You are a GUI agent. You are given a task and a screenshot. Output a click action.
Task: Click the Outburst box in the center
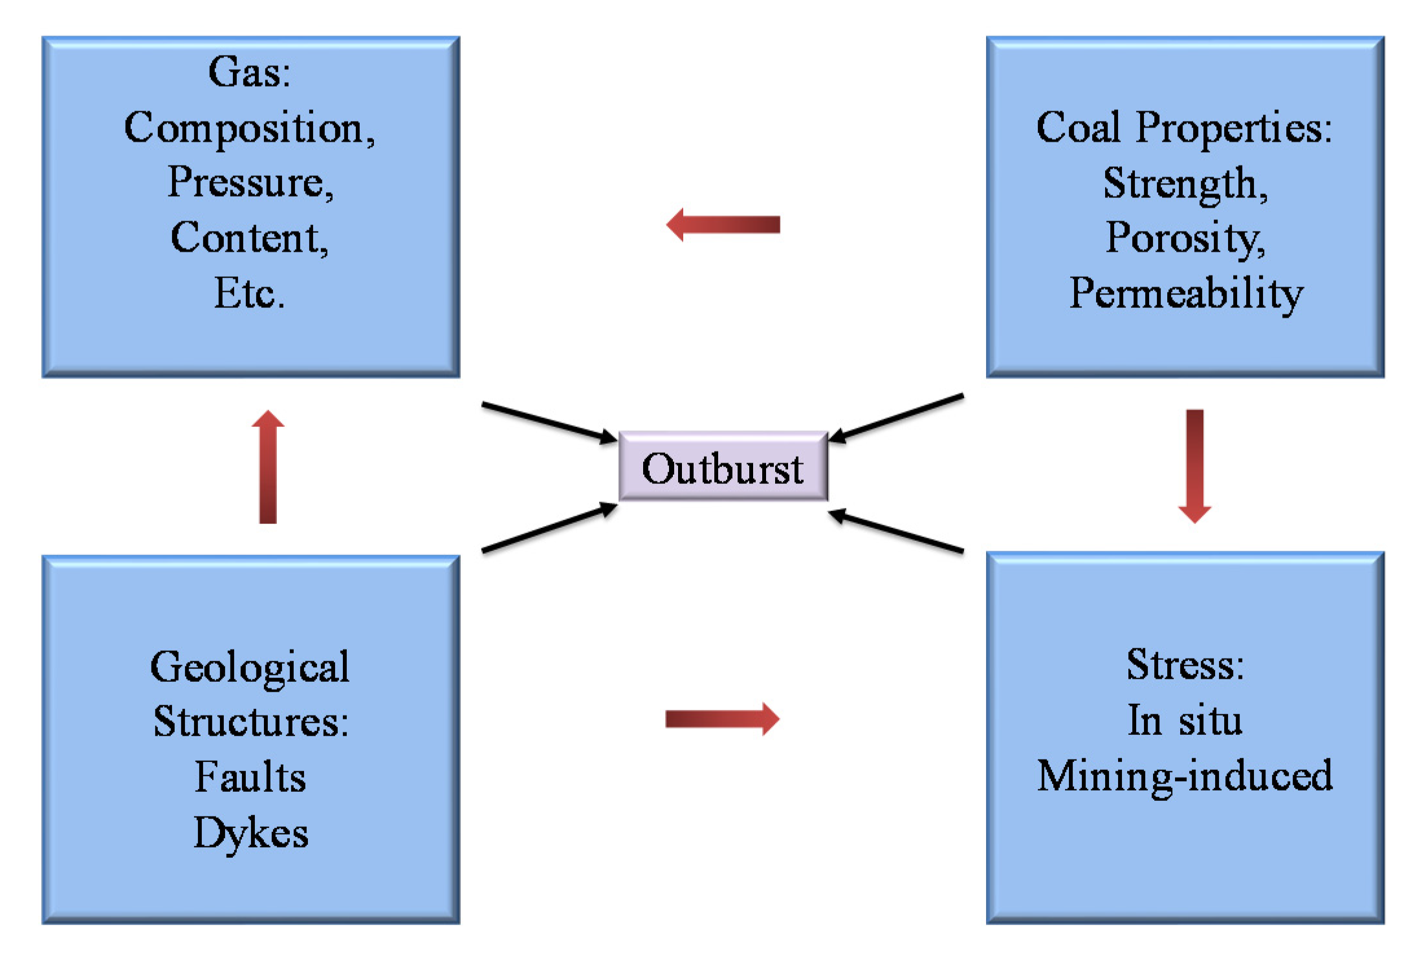point(723,466)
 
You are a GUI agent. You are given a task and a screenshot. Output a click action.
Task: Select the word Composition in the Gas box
point(249,129)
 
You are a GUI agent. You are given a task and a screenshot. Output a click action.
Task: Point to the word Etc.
point(249,294)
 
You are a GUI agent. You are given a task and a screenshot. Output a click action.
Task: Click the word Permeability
point(1185,294)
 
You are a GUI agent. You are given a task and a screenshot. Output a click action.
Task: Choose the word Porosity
point(1185,239)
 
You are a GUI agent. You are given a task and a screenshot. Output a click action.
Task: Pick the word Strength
point(1185,184)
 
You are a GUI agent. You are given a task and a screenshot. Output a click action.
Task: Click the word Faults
point(250,777)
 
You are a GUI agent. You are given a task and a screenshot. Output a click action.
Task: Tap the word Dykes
point(251,833)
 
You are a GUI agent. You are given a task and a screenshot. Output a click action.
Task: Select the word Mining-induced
point(1185,776)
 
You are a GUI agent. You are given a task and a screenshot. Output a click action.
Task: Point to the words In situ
point(1185,720)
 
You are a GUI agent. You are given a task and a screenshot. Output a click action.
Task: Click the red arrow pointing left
point(723,224)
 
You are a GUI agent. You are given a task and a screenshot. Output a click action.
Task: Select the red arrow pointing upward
point(268,467)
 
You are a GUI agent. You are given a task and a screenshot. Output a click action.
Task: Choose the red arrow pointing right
point(723,719)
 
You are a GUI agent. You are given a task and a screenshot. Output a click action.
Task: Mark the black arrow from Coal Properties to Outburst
point(897,418)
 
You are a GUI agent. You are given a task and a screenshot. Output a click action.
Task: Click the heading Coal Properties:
point(1184,127)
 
